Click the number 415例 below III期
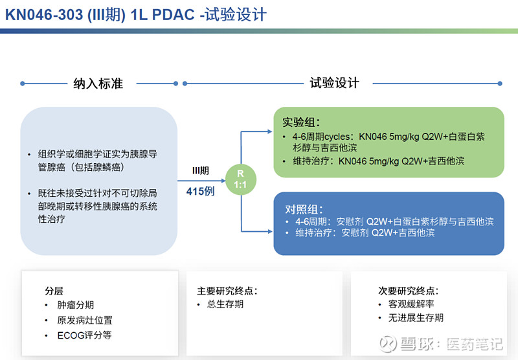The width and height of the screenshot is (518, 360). point(201,191)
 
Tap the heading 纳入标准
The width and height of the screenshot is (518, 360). point(98,84)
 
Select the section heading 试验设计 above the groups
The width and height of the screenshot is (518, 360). point(334,84)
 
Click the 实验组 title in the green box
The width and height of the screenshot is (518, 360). point(301,122)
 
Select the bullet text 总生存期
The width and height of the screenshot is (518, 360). point(225,304)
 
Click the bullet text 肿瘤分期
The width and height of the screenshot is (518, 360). point(76,305)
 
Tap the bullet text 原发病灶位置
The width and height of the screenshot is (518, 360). point(85,321)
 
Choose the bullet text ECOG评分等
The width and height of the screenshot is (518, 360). point(84,335)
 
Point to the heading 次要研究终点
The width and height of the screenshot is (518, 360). point(408,291)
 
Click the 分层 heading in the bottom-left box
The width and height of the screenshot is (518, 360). point(54,291)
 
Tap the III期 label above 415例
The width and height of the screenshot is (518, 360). point(200,171)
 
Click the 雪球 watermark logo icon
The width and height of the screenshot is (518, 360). point(387,344)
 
